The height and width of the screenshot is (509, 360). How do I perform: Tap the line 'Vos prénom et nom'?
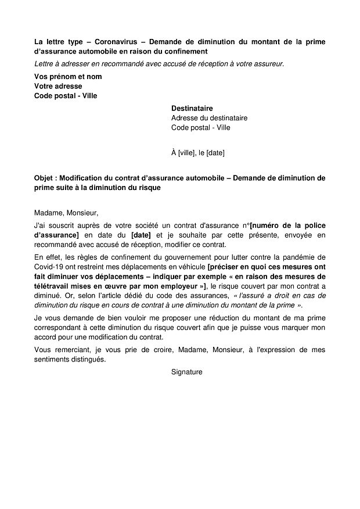coord(68,76)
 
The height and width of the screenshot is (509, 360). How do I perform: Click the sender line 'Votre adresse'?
coord(58,86)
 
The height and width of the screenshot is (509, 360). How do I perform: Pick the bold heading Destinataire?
coord(192,108)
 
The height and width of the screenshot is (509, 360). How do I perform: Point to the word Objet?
coord(45,178)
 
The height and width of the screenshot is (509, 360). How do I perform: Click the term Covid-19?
coord(49,267)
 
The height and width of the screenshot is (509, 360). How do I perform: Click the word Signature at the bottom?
coord(187,372)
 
